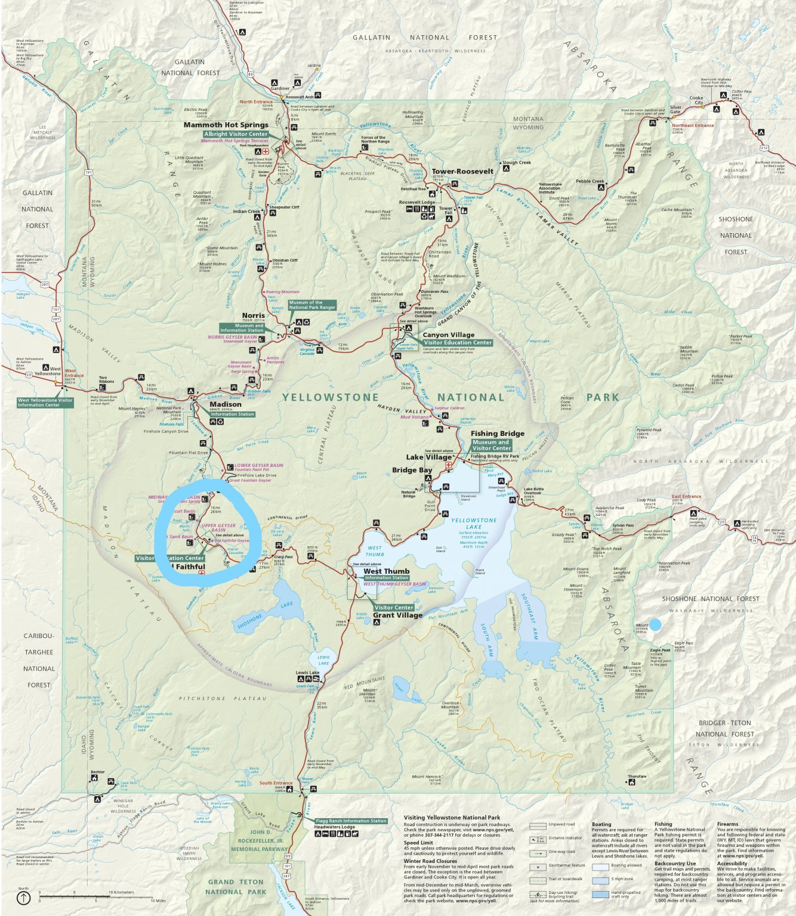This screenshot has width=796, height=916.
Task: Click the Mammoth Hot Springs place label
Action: pos(226,125)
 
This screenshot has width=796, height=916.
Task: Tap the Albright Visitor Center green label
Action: pos(236,134)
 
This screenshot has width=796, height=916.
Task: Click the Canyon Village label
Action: pos(448,335)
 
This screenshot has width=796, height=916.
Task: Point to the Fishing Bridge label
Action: pos(498,434)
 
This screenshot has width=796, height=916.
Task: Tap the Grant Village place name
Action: pos(397,615)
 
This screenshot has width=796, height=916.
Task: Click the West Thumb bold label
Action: pos(387,571)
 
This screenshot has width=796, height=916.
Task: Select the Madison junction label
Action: pos(226,404)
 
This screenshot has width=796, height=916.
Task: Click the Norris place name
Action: pos(253,315)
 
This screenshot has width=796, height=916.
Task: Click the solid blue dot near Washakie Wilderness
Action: pos(655,625)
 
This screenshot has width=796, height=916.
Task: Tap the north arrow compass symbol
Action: pos(23,898)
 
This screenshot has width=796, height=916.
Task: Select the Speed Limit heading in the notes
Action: pos(418,843)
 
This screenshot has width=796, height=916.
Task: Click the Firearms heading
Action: pos(728,824)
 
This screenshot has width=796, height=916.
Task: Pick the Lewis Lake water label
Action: pos(323,660)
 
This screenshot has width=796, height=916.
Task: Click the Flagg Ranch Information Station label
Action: pos(351,821)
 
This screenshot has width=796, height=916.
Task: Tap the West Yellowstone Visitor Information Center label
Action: pos(45,403)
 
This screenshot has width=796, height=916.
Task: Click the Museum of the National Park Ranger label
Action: pos(312,305)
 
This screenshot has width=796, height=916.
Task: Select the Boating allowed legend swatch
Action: pos(600,866)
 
